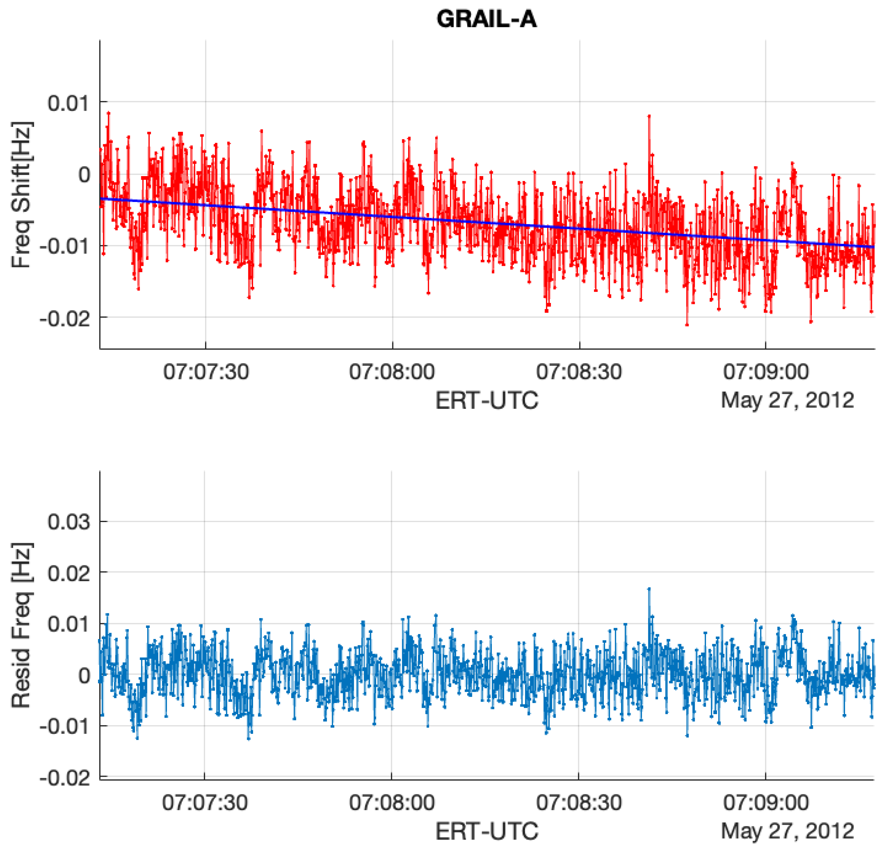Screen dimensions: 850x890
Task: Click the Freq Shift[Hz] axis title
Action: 21,195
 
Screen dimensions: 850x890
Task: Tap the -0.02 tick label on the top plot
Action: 65,319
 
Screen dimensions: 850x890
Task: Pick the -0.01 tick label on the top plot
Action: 65,247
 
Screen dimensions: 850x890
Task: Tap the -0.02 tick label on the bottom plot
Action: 65,778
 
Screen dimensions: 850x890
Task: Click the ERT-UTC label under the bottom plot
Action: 486,831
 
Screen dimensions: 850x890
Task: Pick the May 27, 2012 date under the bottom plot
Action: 787,831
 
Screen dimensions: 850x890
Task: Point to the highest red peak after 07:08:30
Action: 649,116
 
